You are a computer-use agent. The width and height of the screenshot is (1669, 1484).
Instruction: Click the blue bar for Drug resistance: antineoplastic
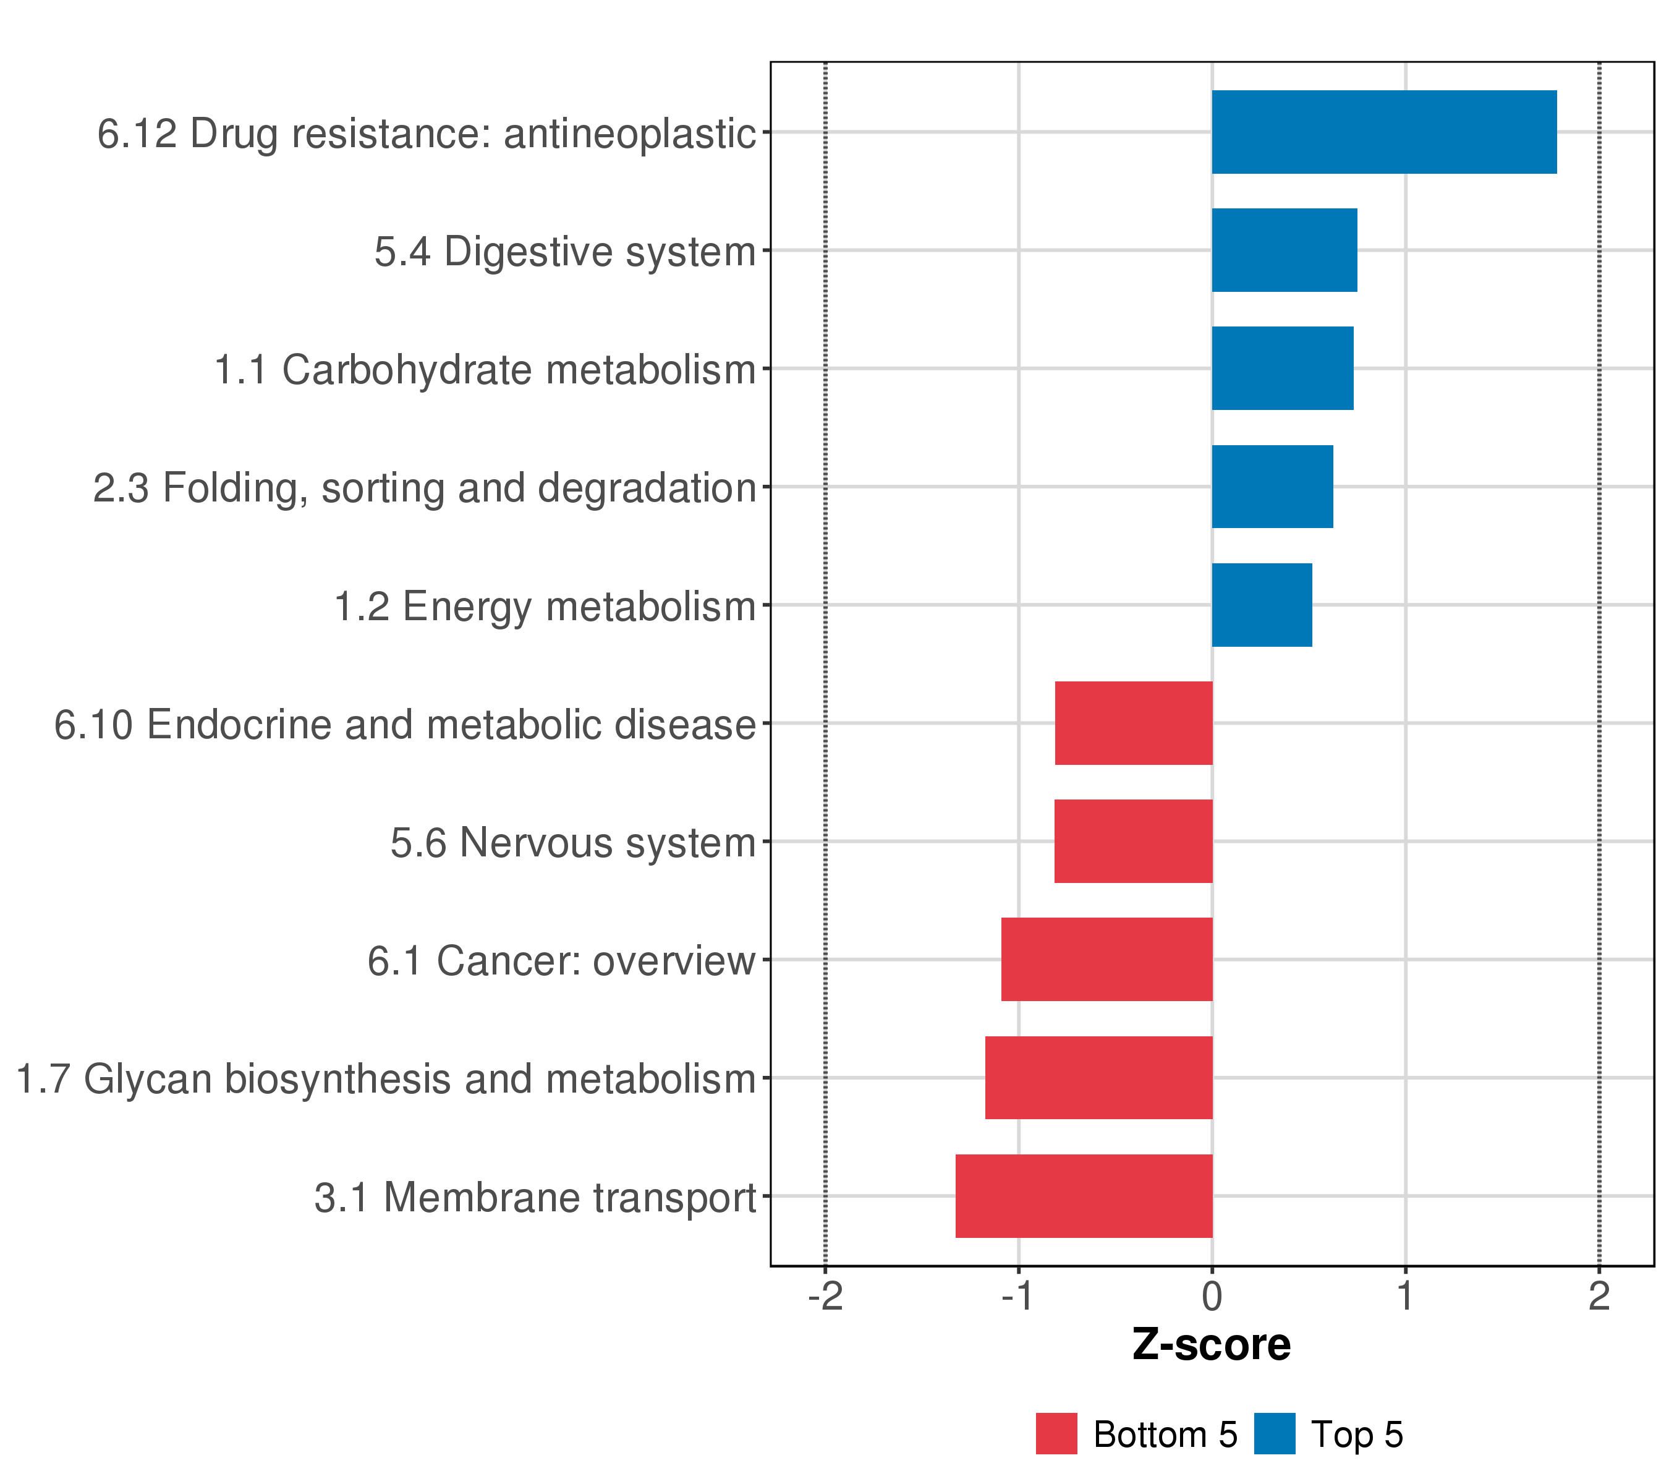click(1383, 132)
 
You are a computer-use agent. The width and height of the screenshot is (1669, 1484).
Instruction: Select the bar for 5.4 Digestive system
click(1284, 250)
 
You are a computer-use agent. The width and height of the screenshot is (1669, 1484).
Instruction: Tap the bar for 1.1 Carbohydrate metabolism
click(1282, 369)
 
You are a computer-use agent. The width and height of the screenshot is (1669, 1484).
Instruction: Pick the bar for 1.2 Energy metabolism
click(1262, 605)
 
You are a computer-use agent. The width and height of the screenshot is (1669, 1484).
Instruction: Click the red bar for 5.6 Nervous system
click(1133, 841)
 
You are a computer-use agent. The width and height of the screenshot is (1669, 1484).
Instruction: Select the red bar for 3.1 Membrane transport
click(1084, 1196)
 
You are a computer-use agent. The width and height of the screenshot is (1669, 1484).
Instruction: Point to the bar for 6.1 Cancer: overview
click(1106, 960)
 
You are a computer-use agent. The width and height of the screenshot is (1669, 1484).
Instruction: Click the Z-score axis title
click(1211, 1345)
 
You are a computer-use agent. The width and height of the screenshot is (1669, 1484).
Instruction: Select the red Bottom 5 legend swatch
click(1056, 1434)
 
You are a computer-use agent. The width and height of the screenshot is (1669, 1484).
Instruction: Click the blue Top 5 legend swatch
click(1274, 1434)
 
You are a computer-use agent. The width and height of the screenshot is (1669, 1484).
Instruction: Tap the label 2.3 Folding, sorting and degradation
click(425, 488)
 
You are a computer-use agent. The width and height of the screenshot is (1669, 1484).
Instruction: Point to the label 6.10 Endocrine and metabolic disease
click(405, 725)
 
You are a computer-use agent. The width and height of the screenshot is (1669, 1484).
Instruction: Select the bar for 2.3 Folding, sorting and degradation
click(1272, 487)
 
